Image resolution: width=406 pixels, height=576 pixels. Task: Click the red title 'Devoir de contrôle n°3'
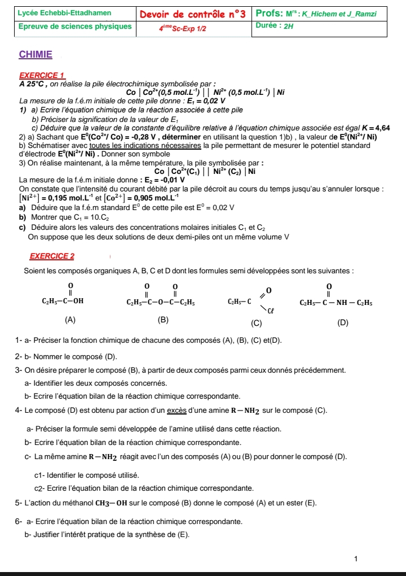(x=193, y=14)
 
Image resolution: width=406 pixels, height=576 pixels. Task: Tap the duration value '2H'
(x=289, y=26)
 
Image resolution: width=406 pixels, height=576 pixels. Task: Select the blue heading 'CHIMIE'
(x=36, y=55)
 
